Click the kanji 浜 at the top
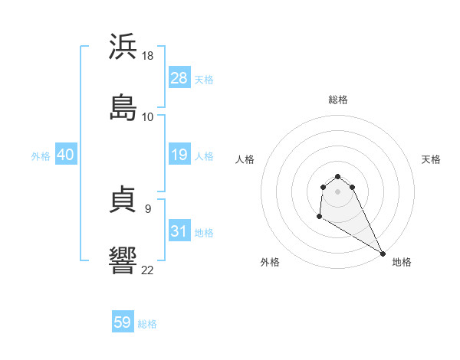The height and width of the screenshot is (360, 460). pyautogui.click(x=123, y=48)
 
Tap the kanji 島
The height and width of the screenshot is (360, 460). pyautogui.click(x=123, y=106)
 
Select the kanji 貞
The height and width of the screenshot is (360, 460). pyautogui.click(x=123, y=201)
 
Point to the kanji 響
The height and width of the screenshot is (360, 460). pyautogui.click(x=123, y=260)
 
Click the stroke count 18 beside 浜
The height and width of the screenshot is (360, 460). pyautogui.click(x=149, y=57)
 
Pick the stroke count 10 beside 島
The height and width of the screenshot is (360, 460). pyautogui.click(x=148, y=116)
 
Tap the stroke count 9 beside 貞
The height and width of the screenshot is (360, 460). pyautogui.click(x=147, y=208)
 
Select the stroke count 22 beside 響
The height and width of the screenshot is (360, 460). pyautogui.click(x=148, y=269)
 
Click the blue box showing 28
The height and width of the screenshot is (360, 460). pyautogui.click(x=179, y=78)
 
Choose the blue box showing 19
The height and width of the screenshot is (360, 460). pyautogui.click(x=179, y=155)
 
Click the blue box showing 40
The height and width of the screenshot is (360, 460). pyautogui.click(x=66, y=155)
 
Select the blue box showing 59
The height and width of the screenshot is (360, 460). pyautogui.click(x=123, y=322)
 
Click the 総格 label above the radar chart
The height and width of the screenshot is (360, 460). pyautogui.click(x=338, y=100)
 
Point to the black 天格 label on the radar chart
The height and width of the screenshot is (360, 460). pyautogui.click(x=431, y=159)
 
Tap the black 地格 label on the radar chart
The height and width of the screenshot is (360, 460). pyautogui.click(x=402, y=262)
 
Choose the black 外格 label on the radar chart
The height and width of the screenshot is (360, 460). pyautogui.click(x=270, y=262)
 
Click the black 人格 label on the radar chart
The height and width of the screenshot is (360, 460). pyautogui.click(x=245, y=159)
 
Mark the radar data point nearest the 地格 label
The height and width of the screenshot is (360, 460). pyautogui.click(x=383, y=254)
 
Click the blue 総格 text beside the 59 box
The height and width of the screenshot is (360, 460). pyautogui.click(x=147, y=324)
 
